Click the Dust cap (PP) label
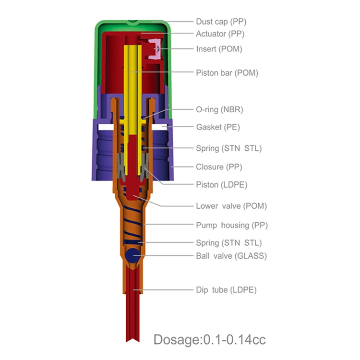221,22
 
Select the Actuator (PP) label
220,34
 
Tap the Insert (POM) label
219,49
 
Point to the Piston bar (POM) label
227,73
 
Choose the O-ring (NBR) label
219,109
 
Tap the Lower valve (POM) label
231,206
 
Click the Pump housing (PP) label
232,225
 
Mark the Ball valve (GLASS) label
231,256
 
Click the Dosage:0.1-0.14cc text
209,340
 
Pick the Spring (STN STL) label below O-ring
229,148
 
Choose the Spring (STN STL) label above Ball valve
229,243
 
